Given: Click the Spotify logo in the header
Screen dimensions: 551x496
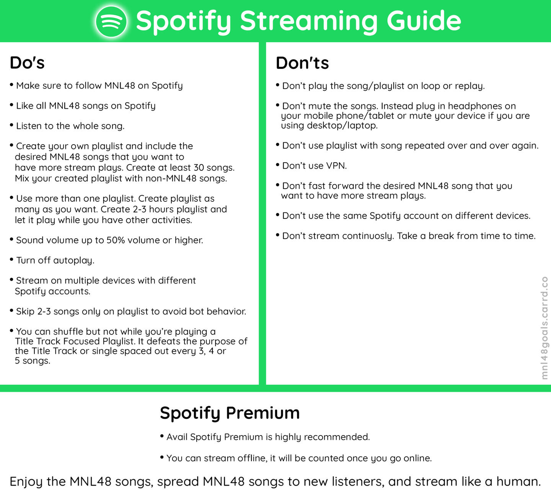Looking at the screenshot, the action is coord(111,21).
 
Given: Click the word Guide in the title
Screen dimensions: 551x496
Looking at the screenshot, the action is coord(424,21).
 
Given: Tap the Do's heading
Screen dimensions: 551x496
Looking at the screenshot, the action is coord(27,63).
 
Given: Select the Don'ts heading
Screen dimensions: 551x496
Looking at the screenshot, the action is coord(302,63).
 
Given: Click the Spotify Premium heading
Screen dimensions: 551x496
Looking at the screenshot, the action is coord(230,413).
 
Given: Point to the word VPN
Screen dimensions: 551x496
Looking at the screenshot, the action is coord(336,166).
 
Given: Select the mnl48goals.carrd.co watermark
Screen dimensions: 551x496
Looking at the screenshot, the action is coord(544,328).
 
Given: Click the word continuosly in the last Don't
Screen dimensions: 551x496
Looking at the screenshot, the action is coord(368,236).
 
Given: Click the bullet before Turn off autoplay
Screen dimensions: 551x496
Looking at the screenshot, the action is coord(11,259).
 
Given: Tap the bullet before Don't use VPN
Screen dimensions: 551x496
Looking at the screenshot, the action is coord(278,165).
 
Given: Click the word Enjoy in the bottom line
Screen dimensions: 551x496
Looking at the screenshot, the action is coord(26,482).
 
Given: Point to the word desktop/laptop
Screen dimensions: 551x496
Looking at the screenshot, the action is coord(342,126).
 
